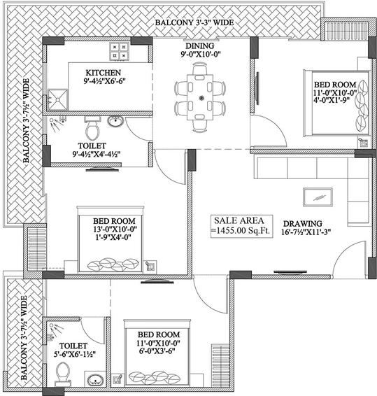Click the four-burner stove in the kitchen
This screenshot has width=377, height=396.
(x=119, y=51)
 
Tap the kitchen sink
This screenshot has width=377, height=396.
(x=58, y=99)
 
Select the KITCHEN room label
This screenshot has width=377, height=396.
(x=104, y=73)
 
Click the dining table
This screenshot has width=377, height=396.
(x=200, y=97)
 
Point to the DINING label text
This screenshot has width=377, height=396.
(x=200, y=45)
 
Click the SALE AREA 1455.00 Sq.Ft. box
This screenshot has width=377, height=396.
(x=241, y=226)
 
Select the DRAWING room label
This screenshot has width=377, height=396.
(x=302, y=224)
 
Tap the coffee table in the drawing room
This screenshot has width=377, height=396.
(x=318, y=197)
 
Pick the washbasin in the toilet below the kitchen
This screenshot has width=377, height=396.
(x=115, y=121)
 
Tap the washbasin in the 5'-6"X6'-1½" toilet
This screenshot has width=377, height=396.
(x=95, y=379)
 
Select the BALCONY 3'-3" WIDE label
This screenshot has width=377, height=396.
(x=194, y=22)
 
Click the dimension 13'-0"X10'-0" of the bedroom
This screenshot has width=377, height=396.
(x=115, y=229)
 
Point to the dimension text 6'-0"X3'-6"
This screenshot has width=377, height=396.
(x=157, y=351)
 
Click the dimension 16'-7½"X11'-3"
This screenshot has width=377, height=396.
(x=306, y=232)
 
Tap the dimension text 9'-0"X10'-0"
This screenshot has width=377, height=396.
(x=201, y=55)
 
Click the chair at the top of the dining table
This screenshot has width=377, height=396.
(x=200, y=69)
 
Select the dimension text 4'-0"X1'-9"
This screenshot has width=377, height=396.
(x=332, y=100)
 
